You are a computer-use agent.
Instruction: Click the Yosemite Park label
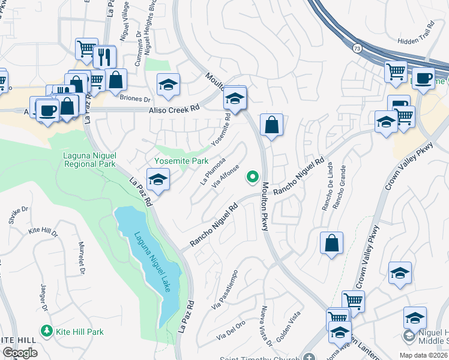(182, 161)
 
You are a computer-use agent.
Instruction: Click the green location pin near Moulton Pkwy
(253, 176)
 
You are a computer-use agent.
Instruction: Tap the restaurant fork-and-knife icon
(104, 56)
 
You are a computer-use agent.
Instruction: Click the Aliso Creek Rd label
(174, 110)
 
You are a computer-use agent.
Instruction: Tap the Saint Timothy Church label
(259, 356)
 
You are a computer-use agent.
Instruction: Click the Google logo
(20, 353)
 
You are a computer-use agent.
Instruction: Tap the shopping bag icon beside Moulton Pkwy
(271, 125)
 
